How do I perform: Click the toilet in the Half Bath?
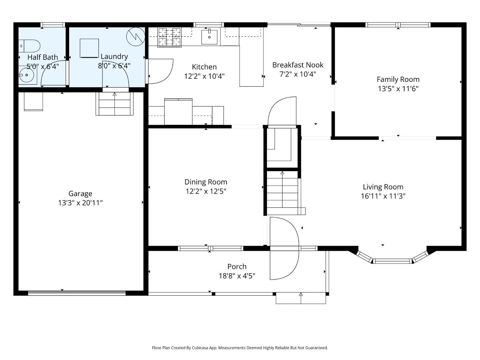point(29,46)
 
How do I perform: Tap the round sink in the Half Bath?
point(27,75)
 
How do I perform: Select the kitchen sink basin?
point(209,37)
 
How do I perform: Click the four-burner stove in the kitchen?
point(170,37)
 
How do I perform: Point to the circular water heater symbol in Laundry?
point(136,36)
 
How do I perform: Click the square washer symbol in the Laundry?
point(89,48)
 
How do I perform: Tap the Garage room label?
point(80,194)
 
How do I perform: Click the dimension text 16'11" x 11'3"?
point(383,196)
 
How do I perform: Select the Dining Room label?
point(206,182)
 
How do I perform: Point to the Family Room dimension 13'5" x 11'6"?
point(398,89)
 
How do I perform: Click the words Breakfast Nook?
point(298,65)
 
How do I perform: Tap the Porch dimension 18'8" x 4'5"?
point(237,276)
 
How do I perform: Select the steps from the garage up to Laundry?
point(115,104)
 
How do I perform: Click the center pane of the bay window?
point(392,261)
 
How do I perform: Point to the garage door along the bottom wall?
point(77,293)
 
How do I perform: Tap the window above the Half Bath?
point(53,25)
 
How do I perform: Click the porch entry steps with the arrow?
point(301,298)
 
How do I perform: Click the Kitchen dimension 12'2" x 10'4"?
point(204,76)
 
